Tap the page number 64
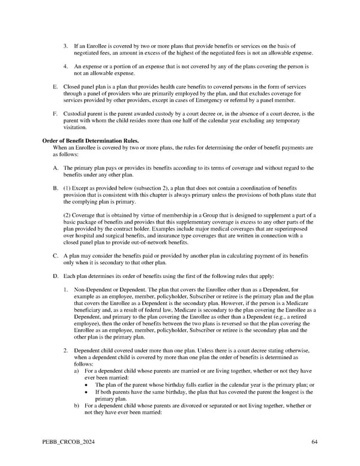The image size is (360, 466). (x=314, y=443)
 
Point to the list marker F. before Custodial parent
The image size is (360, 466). (x=55, y=113)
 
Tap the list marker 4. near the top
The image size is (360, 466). (x=66, y=66)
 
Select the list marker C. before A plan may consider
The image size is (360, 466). (x=55, y=255)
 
